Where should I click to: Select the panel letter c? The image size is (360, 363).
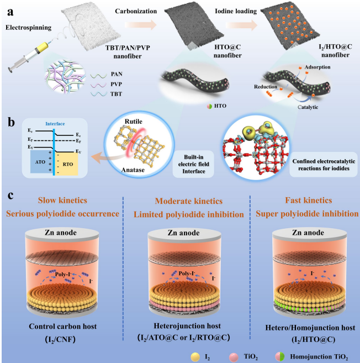coord(9,197)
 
